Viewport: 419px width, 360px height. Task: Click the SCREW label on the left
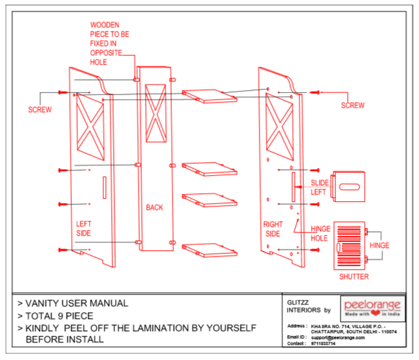[x=40, y=109]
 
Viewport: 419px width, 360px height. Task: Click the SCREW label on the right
[x=353, y=105]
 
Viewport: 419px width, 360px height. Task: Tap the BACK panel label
[x=155, y=208]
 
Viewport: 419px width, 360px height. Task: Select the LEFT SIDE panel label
[x=84, y=229]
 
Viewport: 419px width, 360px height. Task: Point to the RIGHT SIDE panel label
[x=273, y=229]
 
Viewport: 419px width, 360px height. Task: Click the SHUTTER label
[x=353, y=276]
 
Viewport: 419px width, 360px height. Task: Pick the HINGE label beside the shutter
[x=379, y=246]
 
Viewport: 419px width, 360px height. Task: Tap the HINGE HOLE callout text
[x=320, y=233]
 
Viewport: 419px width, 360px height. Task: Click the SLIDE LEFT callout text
[x=320, y=188]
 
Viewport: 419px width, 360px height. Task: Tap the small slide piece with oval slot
[x=350, y=187]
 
